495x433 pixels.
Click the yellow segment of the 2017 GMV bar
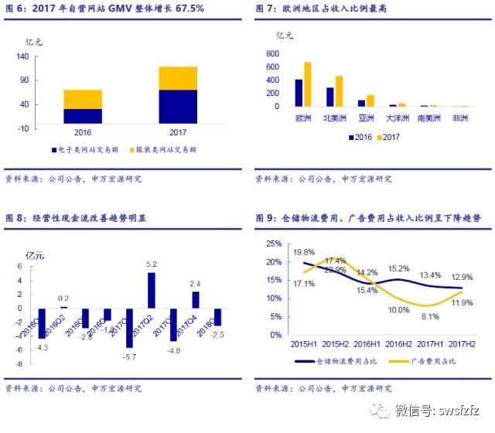(x=178, y=78)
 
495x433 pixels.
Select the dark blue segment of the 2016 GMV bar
(x=83, y=116)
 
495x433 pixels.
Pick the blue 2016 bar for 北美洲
(x=329, y=97)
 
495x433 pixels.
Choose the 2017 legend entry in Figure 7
(x=387, y=137)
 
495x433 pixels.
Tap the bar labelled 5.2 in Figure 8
(x=152, y=290)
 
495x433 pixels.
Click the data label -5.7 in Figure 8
(x=130, y=356)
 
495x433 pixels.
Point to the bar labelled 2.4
(x=196, y=299)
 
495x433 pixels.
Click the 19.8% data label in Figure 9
(x=304, y=252)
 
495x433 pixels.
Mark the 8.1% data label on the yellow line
(x=431, y=315)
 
